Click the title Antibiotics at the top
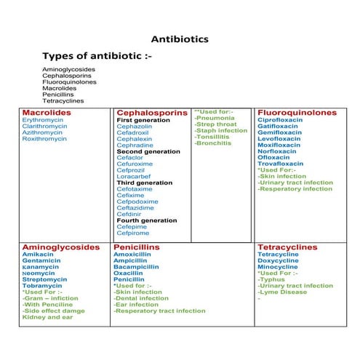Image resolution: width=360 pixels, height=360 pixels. (x=180, y=39)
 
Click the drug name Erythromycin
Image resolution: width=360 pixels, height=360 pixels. (x=42, y=120)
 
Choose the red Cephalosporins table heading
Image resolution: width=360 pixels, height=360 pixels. (x=152, y=113)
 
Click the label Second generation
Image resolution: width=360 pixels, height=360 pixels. (x=148, y=151)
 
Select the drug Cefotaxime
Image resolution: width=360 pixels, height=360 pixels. (x=135, y=189)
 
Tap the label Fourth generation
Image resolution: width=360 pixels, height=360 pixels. (x=146, y=220)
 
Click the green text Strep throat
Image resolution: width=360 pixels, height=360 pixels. (x=216, y=124)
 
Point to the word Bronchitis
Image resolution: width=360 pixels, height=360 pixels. (x=212, y=143)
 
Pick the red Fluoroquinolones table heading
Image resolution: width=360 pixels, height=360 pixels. (x=297, y=113)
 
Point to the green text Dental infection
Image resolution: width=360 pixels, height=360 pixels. (x=141, y=298)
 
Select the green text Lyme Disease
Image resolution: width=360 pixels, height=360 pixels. (x=284, y=292)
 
